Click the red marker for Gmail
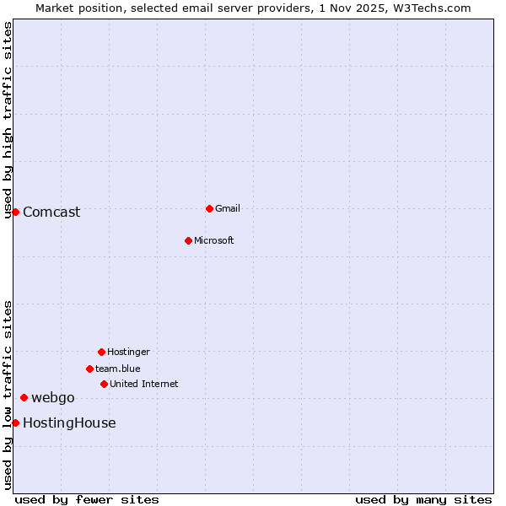[209, 208]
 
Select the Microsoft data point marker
[188, 240]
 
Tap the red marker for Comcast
[15, 212]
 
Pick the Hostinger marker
[101, 352]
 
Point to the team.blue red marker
[89, 369]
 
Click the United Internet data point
[104, 384]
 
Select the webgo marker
[24, 397]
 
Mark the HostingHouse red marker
[15, 423]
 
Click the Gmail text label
[228, 208]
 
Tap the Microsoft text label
[214, 240]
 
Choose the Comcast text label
[51, 212]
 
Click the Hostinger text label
[128, 352]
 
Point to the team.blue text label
[118, 369]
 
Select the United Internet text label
[144, 384]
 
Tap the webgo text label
[53, 397]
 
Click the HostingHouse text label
[69, 423]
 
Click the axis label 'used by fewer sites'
[87, 499]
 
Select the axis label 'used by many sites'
[423, 499]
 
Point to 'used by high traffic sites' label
[8, 120]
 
